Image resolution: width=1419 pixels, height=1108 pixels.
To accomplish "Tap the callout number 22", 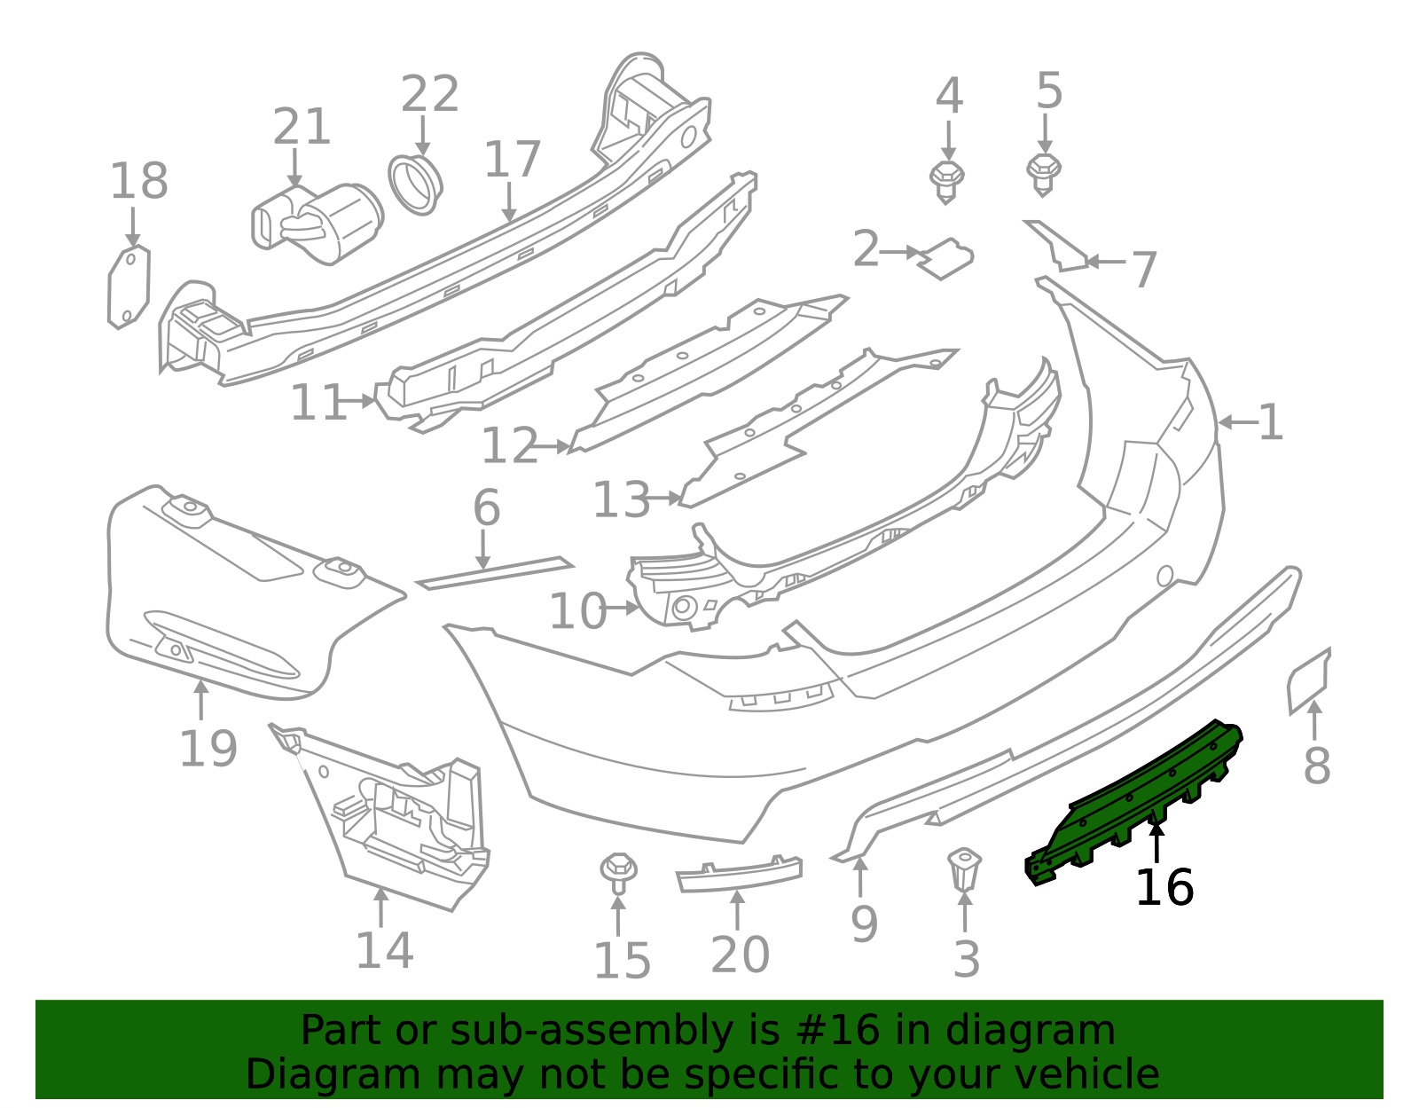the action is (429, 94).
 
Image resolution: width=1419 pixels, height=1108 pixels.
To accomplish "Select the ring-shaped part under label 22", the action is (415, 185).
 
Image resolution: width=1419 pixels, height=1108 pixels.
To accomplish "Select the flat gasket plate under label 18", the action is (129, 287).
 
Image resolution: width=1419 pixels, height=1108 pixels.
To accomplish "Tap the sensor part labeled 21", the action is (318, 224).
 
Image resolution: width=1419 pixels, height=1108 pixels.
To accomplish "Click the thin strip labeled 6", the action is (495, 572).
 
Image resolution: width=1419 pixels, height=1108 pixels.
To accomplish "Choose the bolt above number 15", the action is (618, 872).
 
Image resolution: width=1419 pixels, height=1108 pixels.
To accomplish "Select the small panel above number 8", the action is (1309, 681).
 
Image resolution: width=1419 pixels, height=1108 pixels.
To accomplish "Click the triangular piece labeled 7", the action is (1056, 246).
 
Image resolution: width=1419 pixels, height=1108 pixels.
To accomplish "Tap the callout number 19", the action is (208, 749).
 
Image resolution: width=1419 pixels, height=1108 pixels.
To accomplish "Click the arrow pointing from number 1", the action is (1237, 422).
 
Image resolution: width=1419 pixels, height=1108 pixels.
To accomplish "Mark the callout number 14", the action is (385, 951).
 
